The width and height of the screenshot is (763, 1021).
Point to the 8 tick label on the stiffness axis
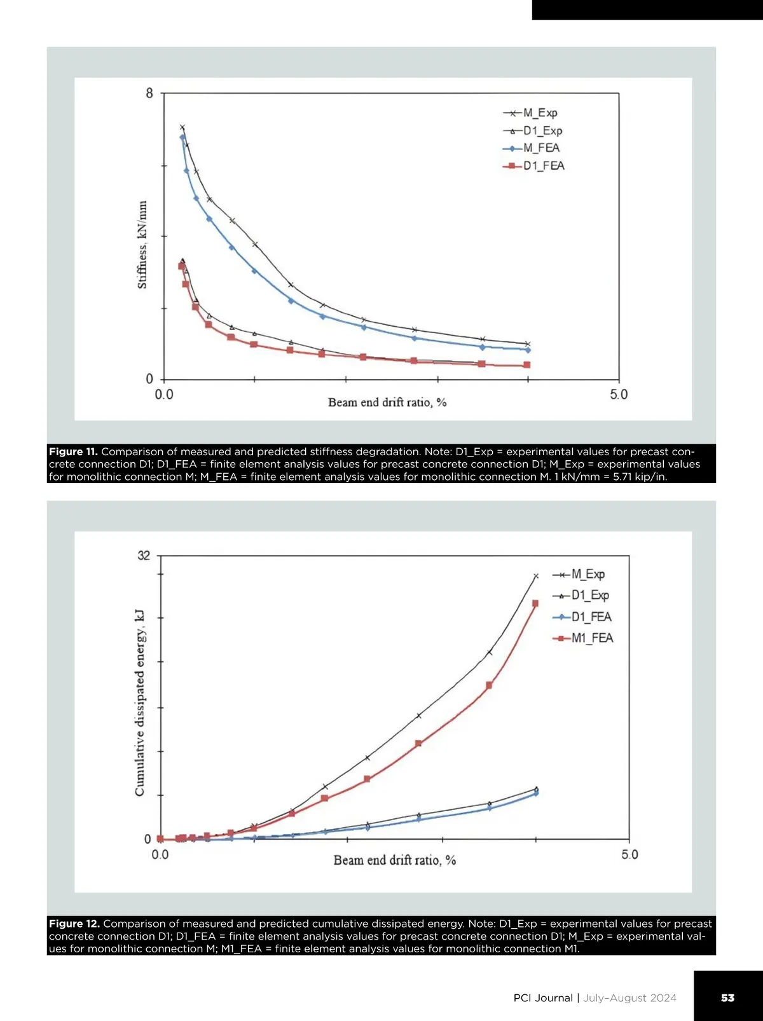149,93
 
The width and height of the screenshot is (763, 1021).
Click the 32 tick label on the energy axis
144,556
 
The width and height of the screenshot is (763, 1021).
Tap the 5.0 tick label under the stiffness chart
619,395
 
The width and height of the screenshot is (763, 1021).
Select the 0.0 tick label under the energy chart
160,854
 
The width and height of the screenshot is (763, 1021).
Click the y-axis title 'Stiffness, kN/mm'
142,245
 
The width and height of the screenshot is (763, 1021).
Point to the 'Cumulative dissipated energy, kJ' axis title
140,703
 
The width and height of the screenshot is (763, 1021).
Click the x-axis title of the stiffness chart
387,402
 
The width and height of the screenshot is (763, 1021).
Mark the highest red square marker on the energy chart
535,603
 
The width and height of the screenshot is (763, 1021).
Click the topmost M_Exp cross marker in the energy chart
536,576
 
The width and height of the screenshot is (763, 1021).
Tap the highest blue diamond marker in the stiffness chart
182,137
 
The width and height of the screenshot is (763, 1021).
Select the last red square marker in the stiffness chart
526,365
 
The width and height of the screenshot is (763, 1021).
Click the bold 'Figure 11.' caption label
73,452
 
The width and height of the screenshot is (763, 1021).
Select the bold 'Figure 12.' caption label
74,924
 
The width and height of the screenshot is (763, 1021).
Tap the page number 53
727,997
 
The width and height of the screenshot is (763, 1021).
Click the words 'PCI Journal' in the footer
543,998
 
